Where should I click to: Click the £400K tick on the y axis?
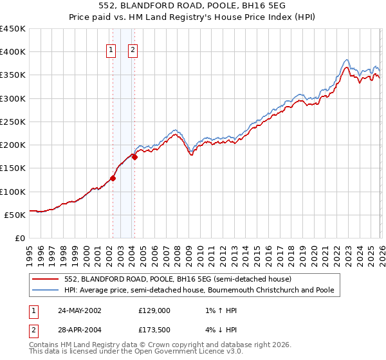pos(12,52)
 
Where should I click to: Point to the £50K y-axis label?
pos(15,215)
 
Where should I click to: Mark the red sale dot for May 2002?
pos(113,179)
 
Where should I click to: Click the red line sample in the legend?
pos(47,280)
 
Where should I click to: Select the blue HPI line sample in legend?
pos(47,291)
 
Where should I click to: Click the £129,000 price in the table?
pos(154,310)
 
